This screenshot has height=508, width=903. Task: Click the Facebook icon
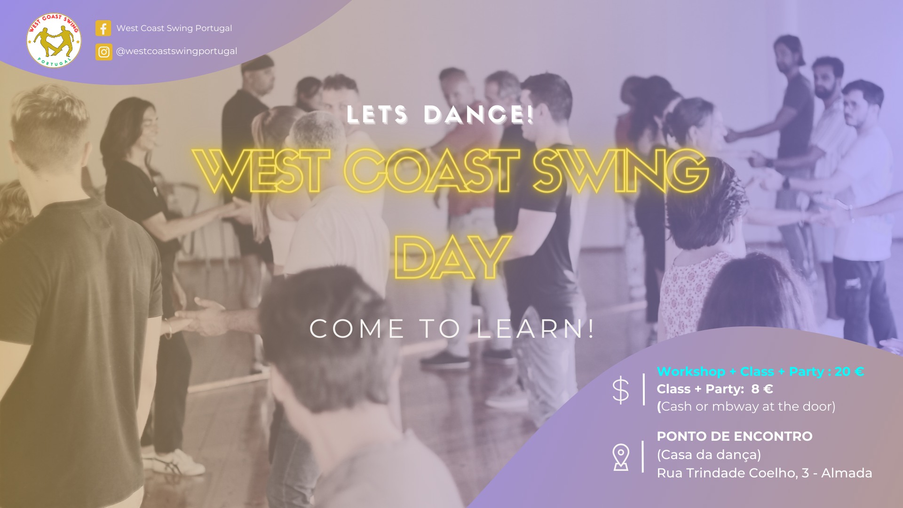click(103, 28)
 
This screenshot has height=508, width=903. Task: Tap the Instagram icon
click(104, 52)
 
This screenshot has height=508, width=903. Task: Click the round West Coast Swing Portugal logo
click(54, 40)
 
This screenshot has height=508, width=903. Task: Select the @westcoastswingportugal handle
click(177, 51)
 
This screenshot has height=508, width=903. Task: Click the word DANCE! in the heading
click(479, 115)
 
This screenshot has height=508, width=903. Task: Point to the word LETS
click(377, 115)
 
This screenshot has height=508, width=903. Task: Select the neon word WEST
click(261, 171)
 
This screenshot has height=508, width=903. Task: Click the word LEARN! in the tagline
click(536, 329)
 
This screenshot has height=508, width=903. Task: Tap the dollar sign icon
click(621, 390)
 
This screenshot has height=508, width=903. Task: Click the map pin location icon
click(621, 457)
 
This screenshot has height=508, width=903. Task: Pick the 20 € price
click(849, 372)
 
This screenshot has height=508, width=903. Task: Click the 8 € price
click(762, 389)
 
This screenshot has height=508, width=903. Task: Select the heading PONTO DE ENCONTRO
click(735, 437)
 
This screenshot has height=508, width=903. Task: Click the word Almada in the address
click(847, 473)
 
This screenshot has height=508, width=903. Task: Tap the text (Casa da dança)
click(709, 455)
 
